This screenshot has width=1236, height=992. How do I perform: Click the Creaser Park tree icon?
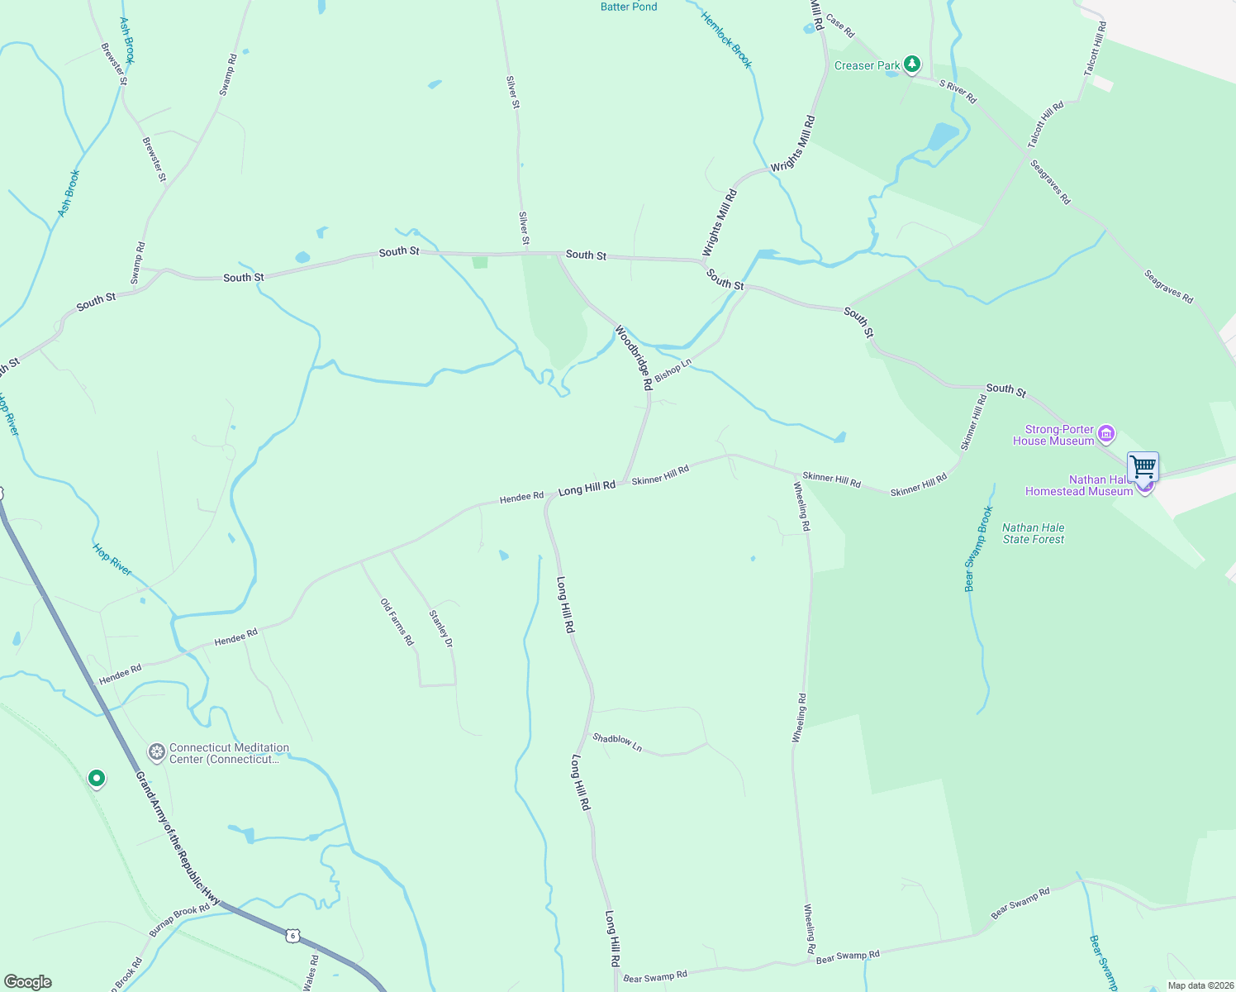point(912,64)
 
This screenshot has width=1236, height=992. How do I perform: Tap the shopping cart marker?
point(1143,467)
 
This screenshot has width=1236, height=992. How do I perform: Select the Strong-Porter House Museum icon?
point(1106,433)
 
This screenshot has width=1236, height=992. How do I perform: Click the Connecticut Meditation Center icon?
point(156,752)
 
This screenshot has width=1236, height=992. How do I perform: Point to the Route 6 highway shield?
point(292,936)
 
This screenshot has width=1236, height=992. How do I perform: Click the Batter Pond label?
point(629,7)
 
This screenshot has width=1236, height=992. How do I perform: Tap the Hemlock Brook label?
point(727,40)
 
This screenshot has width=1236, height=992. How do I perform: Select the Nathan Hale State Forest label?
point(1034,533)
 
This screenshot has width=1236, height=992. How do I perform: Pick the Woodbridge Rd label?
point(634,357)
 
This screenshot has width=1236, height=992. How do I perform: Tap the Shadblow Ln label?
point(617,742)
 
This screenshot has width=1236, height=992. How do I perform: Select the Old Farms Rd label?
point(397,622)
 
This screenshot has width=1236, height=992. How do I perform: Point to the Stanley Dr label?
point(441,628)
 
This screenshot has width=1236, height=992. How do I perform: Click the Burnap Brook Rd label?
point(179,920)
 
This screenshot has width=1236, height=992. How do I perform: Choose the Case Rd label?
point(840,26)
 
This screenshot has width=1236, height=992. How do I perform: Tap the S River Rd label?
point(958,91)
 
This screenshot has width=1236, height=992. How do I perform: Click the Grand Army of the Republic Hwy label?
point(177,838)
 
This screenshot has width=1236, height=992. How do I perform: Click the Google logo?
point(26,982)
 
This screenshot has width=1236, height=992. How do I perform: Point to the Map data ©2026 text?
point(1200,985)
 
